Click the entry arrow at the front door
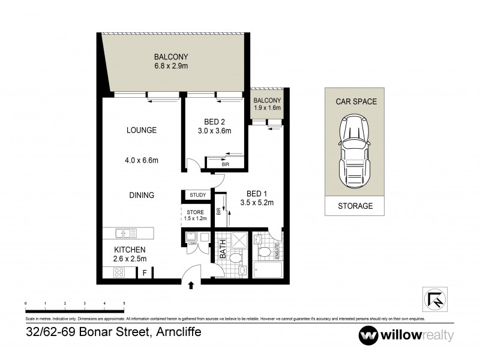[x=191, y=286]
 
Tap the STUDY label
[x=197, y=195]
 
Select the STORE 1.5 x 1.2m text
[x=196, y=215]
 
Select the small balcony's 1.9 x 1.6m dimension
[x=267, y=109]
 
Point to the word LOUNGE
[x=142, y=130]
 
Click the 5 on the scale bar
[x=124, y=305]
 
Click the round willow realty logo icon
[x=367, y=335]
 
